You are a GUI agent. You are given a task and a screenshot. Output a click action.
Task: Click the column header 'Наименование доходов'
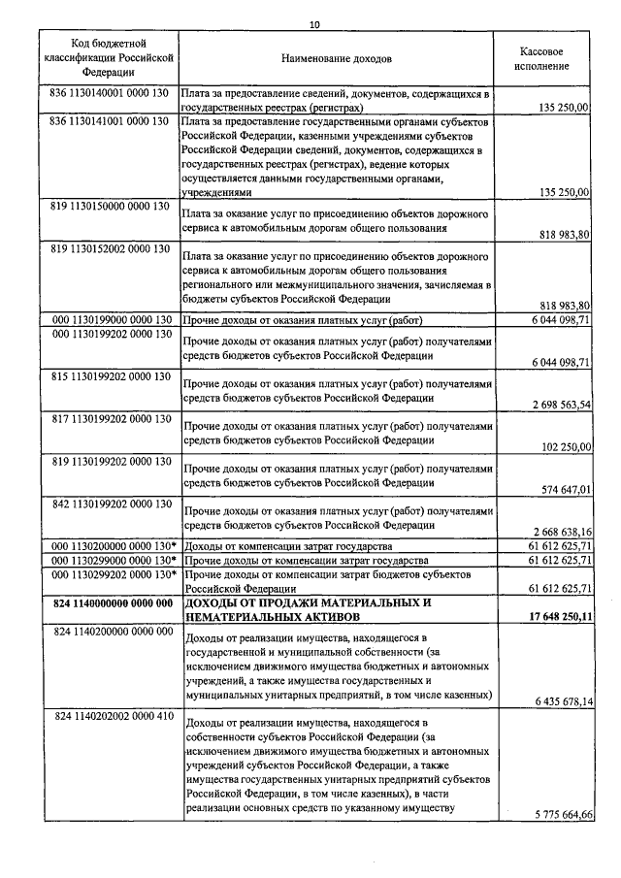[337, 59]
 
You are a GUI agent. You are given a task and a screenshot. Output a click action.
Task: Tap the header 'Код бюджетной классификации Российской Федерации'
[109, 58]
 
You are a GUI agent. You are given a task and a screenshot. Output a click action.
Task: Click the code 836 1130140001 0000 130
[109, 94]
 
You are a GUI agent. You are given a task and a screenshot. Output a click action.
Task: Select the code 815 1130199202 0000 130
[109, 374]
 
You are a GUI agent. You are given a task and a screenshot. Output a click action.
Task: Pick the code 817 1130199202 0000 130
[109, 418]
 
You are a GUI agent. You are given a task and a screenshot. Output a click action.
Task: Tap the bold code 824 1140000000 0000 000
[109, 603]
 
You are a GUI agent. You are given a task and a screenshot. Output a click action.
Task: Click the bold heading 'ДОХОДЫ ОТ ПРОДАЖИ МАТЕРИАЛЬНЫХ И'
[308, 603]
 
